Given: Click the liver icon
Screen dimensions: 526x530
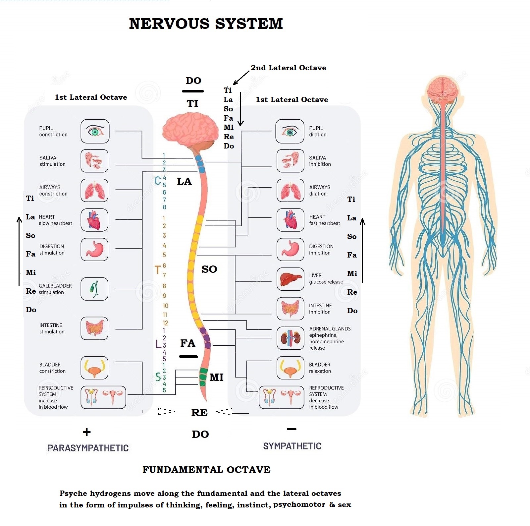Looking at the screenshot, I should pyautogui.click(x=291, y=279).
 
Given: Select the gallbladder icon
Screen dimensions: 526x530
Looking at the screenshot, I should pyautogui.click(x=94, y=289).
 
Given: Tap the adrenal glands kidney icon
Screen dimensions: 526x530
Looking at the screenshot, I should pyautogui.click(x=291, y=338).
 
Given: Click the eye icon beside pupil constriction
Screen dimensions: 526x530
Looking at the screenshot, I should pyautogui.click(x=95, y=131).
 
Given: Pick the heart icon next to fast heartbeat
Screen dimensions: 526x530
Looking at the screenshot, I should pyautogui.click(x=291, y=220).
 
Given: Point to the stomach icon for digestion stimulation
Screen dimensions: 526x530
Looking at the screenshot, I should pyautogui.click(x=94, y=249).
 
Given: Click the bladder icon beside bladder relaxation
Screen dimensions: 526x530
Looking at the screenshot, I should pyautogui.click(x=291, y=368).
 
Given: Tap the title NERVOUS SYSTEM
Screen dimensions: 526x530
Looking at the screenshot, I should pyautogui.click(x=206, y=24).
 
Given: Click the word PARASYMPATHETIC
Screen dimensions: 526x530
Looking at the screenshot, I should pyautogui.click(x=88, y=448).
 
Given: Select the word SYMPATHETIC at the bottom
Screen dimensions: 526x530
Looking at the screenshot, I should pyautogui.click(x=292, y=446).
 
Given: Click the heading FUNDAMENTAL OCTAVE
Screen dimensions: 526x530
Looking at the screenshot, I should pyautogui.click(x=206, y=470).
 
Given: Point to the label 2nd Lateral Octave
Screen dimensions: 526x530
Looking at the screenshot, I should pyautogui.click(x=288, y=68).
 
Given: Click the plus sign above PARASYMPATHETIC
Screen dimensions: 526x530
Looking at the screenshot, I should pyautogui.click(x=87, y=432).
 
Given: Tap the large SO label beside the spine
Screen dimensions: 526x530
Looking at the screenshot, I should pyautogui.click(x=209, y=269).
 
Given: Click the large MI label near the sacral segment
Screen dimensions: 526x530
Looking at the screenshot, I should pyautogui.click(x=216, y=377).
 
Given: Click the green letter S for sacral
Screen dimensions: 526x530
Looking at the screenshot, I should pyautogui.click(x=158, y=377).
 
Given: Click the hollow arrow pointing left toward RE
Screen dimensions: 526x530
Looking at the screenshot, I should pyautogui.click(x=232, y=412).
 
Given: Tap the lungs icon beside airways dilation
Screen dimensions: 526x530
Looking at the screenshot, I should pyautogui.click(x=291, y=191).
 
